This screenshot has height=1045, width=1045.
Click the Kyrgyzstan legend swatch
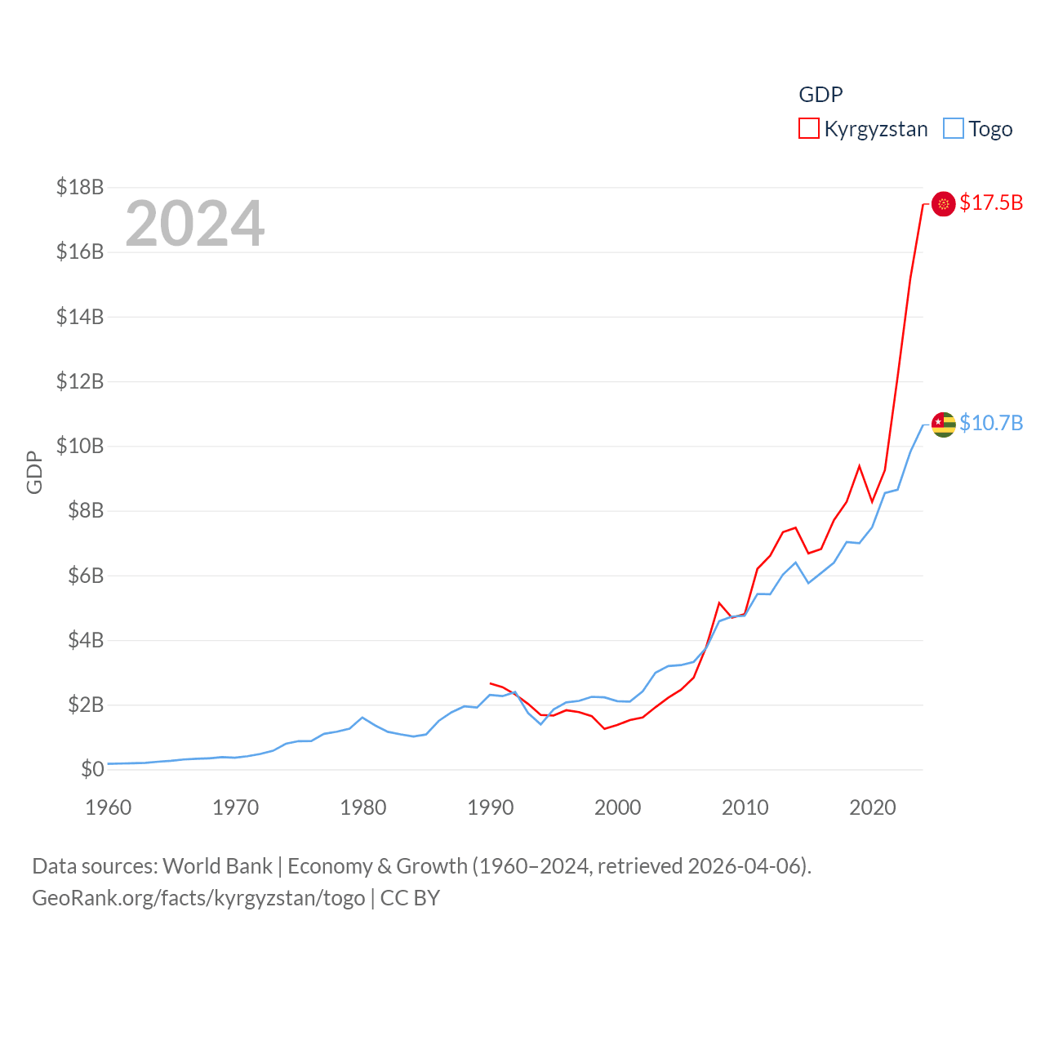[x=808, y=129]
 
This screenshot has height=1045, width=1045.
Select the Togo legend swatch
[x=953, y=129]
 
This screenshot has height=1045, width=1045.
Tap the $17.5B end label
[x=991, y=202]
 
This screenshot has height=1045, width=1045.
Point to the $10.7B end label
[x=991, y=423]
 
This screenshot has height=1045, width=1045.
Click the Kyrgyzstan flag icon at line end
[x=944, y=203]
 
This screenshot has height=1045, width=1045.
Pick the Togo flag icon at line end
[x=944, y=424]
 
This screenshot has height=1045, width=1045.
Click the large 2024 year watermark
[x=194, y=223]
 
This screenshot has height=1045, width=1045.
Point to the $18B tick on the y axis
[x=80, y=187]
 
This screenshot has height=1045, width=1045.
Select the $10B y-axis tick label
[x=80, y=446]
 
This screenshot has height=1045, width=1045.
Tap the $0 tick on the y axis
[x=92, y=769]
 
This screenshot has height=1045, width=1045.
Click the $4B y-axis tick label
[x=85, y=640]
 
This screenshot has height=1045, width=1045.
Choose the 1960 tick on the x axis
[x=109, y=807]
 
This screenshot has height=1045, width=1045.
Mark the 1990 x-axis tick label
[x=491, y=807]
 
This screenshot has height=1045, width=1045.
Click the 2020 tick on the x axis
[x=873, y=807]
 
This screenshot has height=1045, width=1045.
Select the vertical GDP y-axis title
[x=34, y=472]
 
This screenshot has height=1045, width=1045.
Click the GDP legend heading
[x=820, y=95]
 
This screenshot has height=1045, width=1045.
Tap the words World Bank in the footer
[x=217, y=865]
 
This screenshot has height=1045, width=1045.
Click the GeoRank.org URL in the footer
[x=198, y=898]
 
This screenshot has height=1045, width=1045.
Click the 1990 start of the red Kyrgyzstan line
[x=491, y=683]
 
